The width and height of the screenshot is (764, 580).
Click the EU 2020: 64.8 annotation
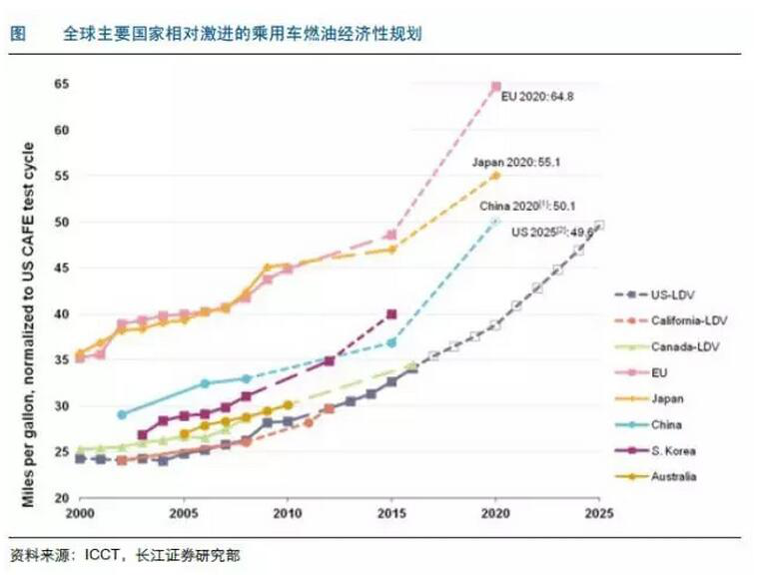pos(538,98)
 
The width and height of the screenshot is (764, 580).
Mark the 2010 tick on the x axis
pos(288,515)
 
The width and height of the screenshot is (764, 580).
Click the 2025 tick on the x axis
pos(599,515)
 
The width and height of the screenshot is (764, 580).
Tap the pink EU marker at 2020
pos(495,87)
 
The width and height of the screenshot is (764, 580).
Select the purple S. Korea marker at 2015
pos(391,313)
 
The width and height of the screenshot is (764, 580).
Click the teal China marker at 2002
pos(122,414)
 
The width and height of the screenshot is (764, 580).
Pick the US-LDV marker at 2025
pos(599,226)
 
